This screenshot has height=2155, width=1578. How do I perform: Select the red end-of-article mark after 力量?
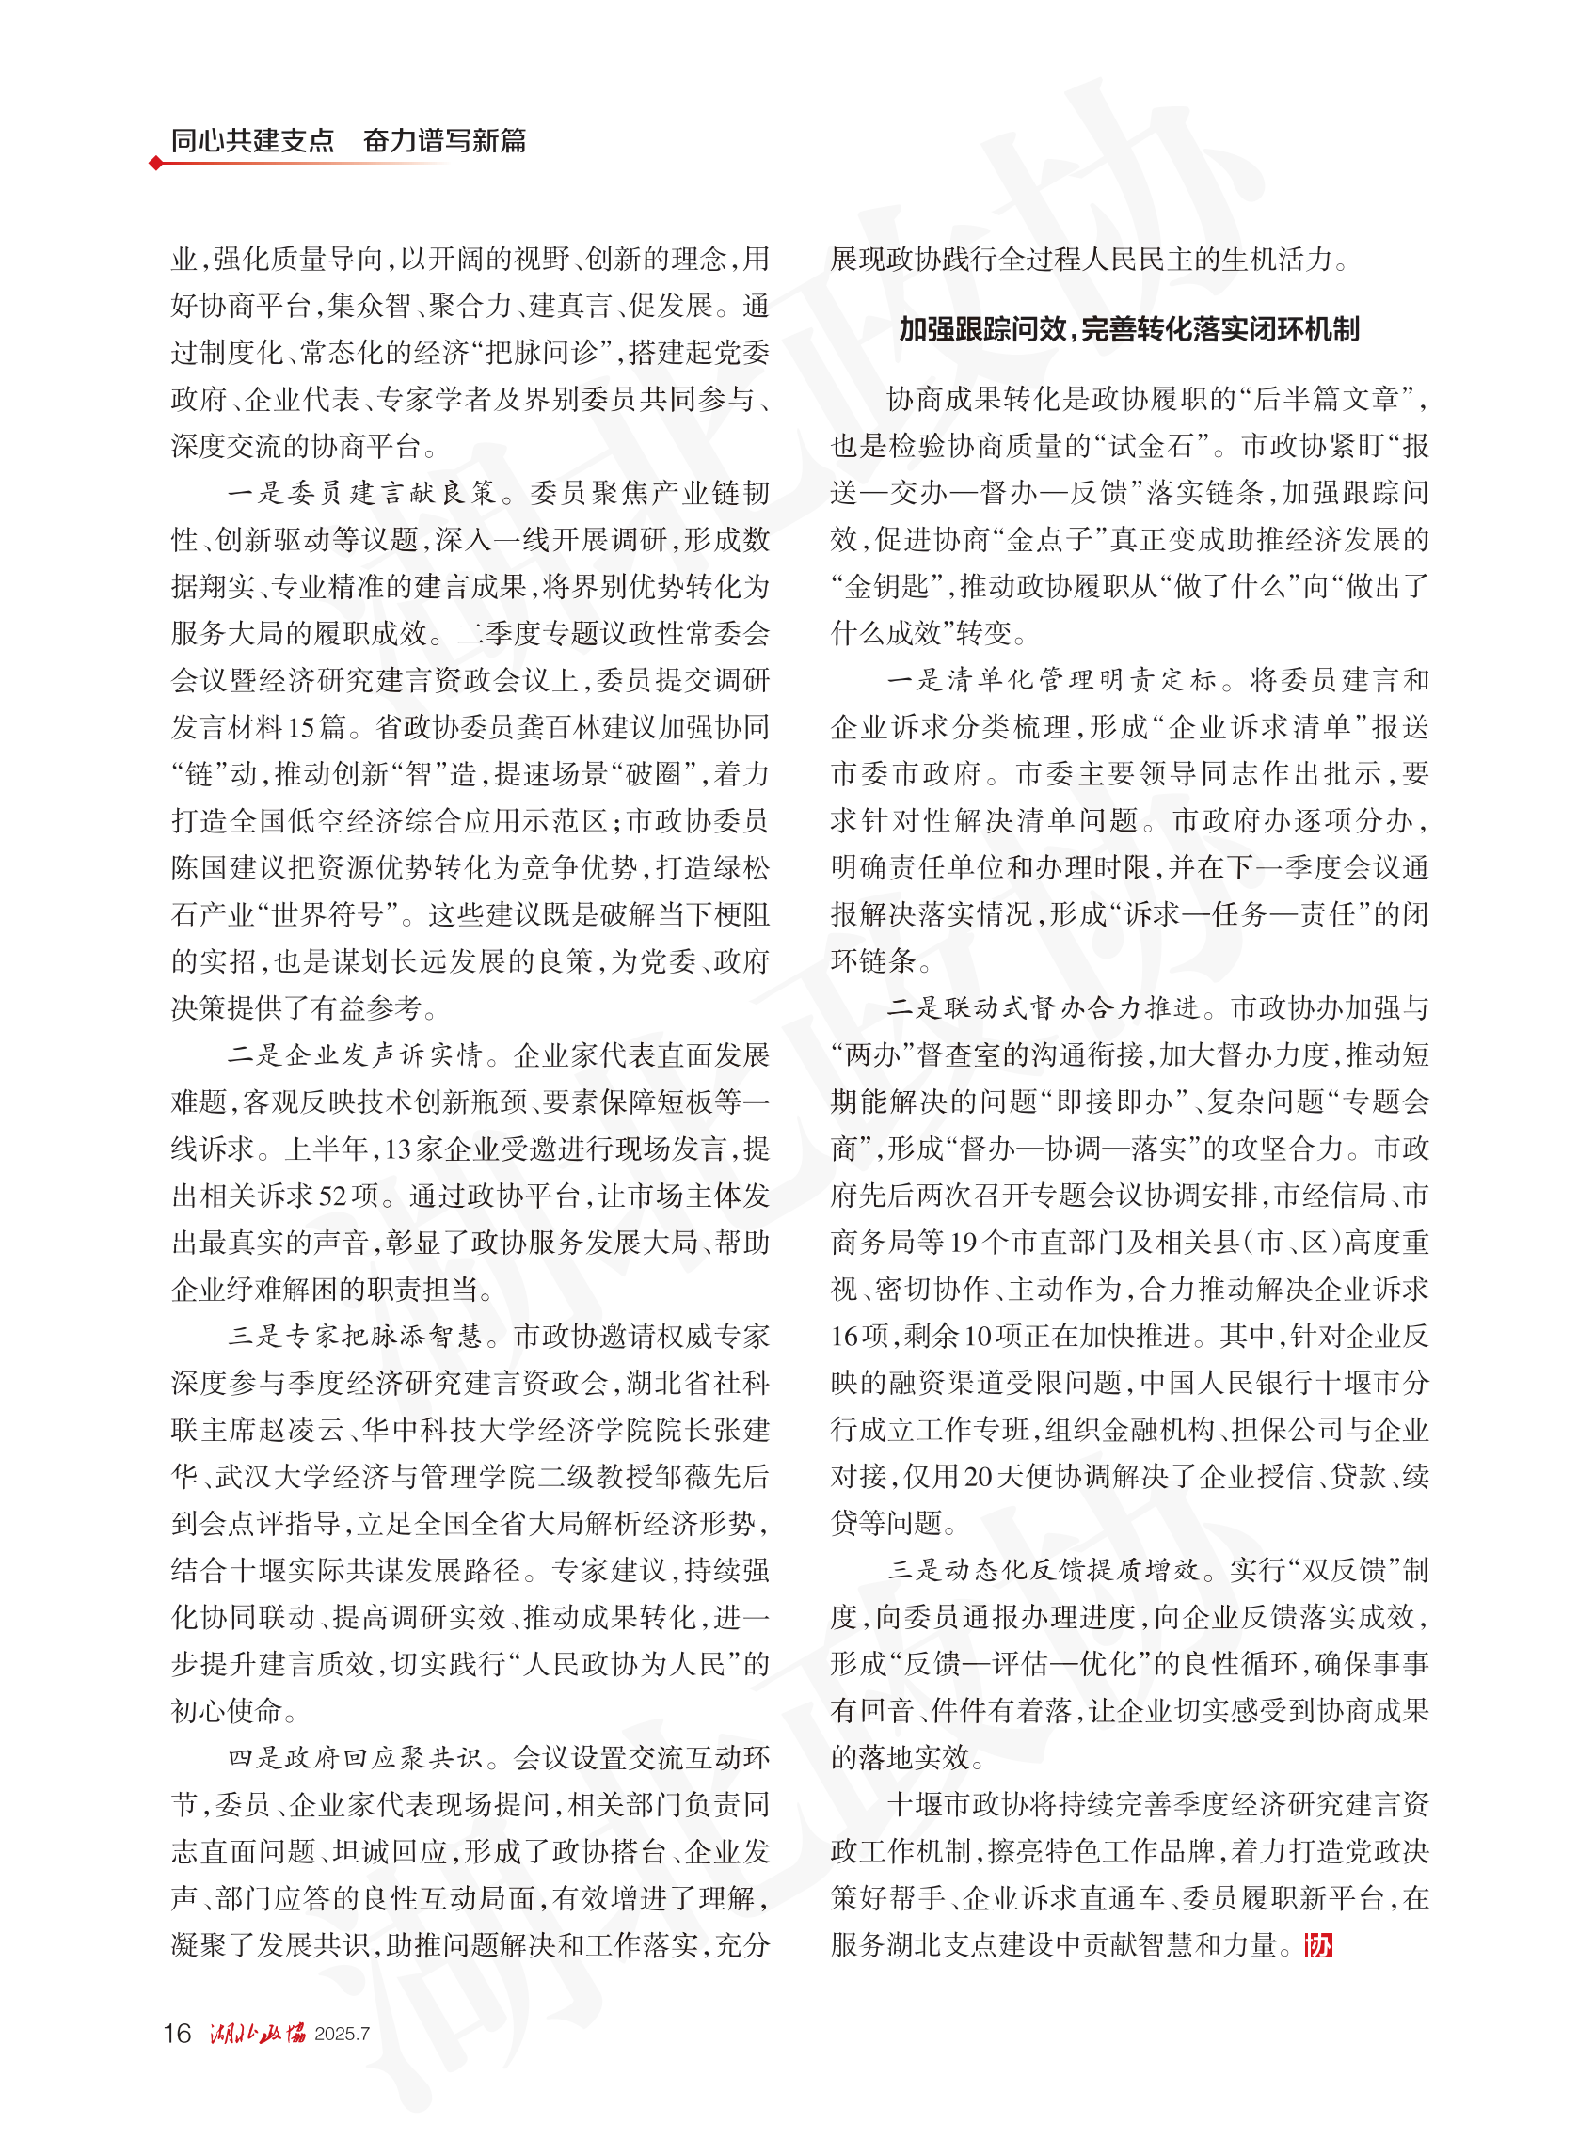(x=1318, y=1945)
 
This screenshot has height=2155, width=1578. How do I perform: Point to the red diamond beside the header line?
(x=156, y=164)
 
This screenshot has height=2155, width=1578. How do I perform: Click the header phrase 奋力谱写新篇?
(x=444, y=141)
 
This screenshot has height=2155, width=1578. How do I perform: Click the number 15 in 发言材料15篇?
(x=302, y=727)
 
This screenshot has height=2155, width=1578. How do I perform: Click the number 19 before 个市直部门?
(x=964, y=1244)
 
